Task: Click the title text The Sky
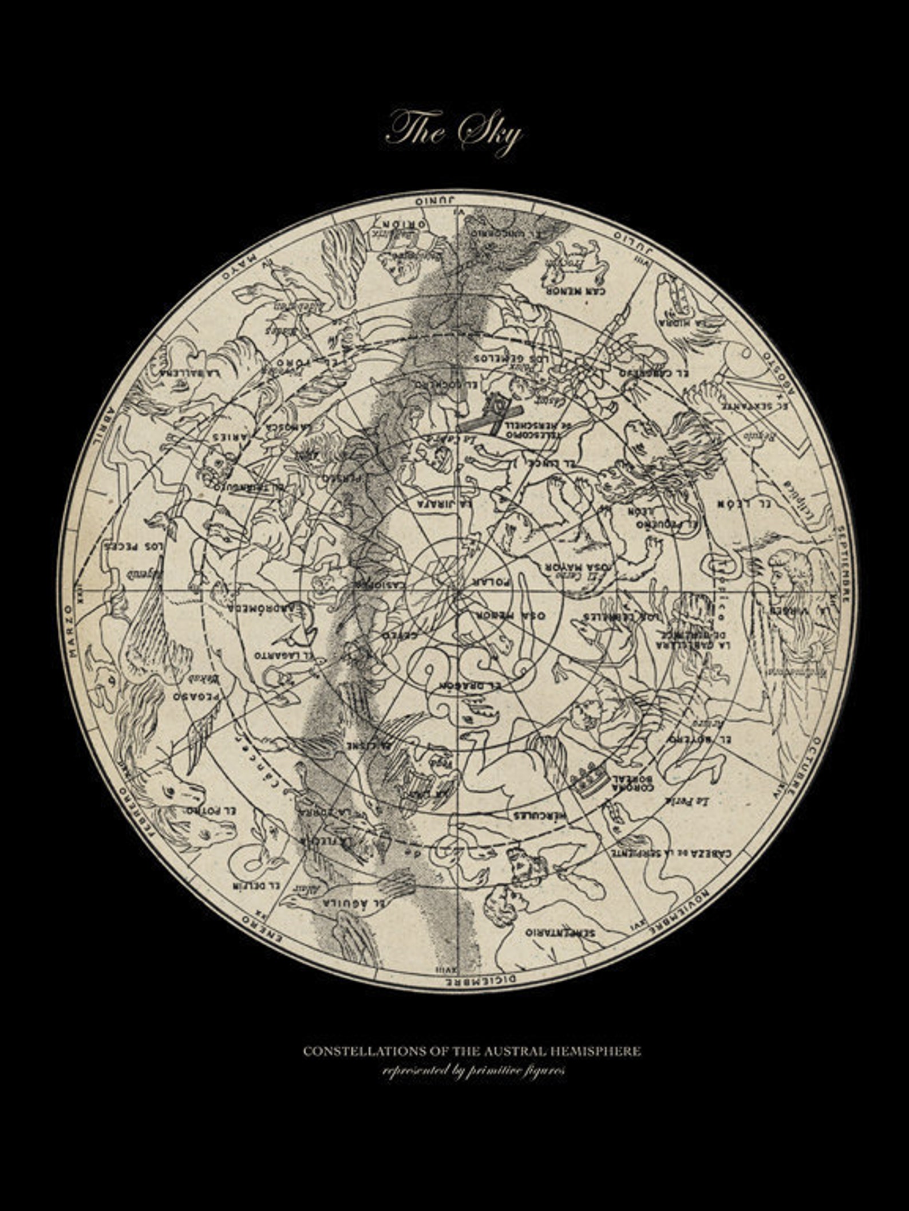coord(454,133)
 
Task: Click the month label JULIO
coord(633,237)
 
